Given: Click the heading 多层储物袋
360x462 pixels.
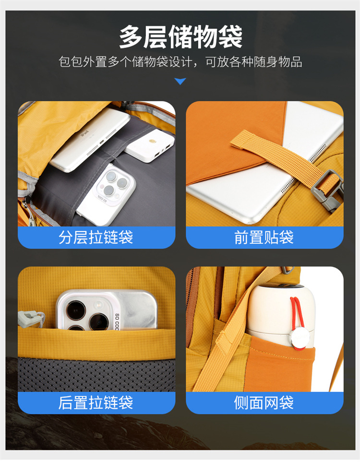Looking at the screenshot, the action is (x=180, y=37).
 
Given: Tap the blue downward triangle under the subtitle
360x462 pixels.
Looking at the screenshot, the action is (x=180, y=81).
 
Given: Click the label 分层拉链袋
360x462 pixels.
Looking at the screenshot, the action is (x=96, y=237).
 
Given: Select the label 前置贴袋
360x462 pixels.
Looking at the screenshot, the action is (x=264, y=237).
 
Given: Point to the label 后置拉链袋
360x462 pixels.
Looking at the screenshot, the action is (x=96, y=402).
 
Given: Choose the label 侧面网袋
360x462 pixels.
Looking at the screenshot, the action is (x=264, y=402).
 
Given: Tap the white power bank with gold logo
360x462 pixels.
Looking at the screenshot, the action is (x=150, y=146).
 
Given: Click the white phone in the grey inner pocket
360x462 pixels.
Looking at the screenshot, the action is (x=107, y=195).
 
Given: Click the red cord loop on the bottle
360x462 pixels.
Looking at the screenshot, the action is (x=297, y=321).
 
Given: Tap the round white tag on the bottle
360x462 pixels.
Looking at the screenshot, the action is (x=300, y=337).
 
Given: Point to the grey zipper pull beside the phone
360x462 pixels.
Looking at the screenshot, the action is (x=31, y=318).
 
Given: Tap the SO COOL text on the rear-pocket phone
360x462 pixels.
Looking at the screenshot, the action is (x=117, y=322).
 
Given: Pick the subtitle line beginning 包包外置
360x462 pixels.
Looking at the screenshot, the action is (x=180, y=62).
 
